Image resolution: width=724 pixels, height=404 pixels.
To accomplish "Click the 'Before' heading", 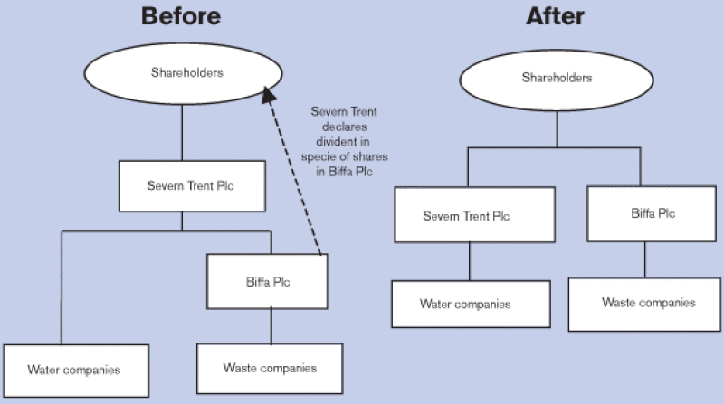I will click(x=182, y=16).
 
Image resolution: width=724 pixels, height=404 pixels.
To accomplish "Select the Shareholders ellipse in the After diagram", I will click(x=556, y=79).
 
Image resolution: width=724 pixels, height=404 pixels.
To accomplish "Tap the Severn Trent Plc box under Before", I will click(x=181, y=187).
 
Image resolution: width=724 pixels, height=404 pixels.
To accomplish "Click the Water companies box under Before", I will click(x=74, y=370).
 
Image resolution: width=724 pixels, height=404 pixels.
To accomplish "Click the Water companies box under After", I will click(x=471, y=305).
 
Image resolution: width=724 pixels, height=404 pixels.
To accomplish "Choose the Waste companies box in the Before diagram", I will click(x=270, y=368).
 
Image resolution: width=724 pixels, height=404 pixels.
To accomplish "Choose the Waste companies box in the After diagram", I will click(x=649, y=303).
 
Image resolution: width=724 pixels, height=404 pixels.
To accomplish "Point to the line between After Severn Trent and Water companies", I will click(x=468, y=262).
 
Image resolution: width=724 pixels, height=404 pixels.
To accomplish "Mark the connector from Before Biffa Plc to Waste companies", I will click(x=271, y=325).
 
